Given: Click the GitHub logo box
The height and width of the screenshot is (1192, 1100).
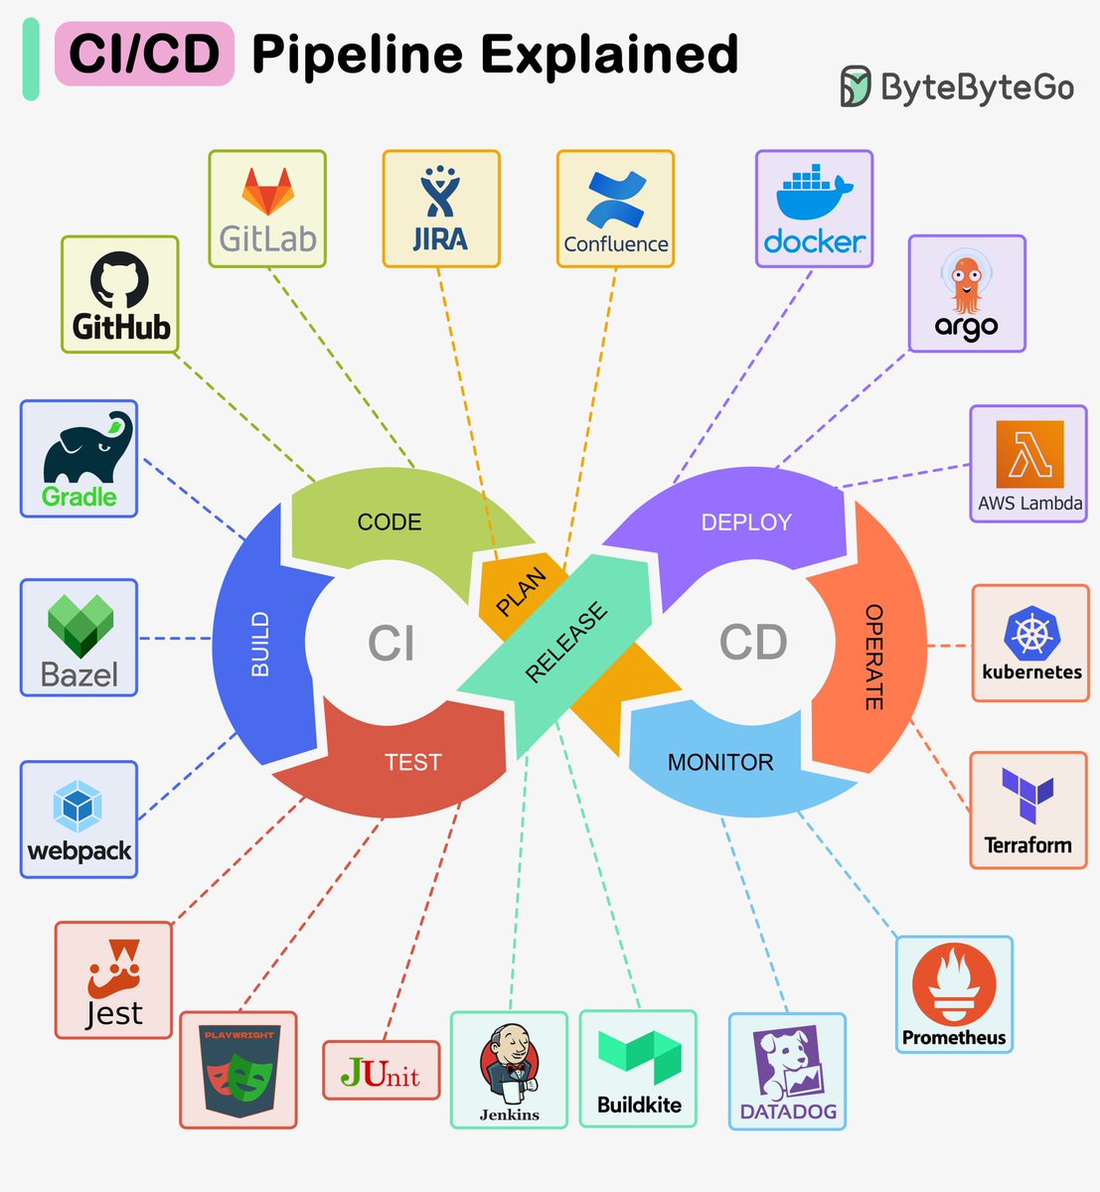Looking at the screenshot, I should point(120,295).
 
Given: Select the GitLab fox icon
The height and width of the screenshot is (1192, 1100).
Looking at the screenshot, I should point(268,192).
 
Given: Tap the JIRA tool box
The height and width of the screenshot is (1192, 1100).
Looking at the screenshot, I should point(441,210).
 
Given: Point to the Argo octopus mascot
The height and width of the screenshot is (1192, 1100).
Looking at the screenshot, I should point(966,283).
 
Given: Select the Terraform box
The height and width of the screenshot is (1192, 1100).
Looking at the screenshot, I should point(1028,811).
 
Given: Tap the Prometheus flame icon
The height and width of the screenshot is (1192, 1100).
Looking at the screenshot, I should point(954,984).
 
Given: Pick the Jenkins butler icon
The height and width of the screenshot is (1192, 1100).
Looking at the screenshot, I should point(509,1063).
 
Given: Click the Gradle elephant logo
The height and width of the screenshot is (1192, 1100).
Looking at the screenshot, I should point(85,449).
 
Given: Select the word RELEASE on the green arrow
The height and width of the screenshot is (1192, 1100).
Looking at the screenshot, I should point(565,643).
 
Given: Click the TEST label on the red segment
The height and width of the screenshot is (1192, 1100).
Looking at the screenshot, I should point(412,762).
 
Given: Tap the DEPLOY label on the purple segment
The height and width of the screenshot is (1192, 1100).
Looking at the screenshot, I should point(746,522).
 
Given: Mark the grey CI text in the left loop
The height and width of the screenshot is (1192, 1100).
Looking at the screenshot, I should point(391,644).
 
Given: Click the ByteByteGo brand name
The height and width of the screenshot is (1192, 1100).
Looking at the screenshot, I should point(977,87).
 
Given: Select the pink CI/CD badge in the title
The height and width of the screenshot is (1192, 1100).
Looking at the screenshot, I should point(144,54).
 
